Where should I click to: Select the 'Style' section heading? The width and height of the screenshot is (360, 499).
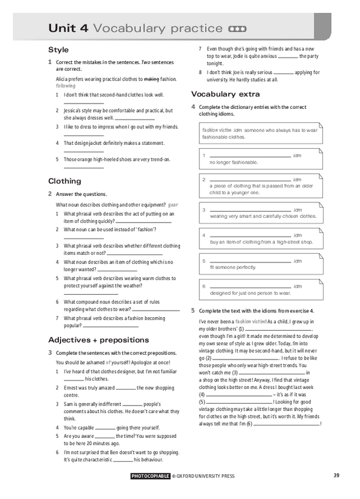pyautogui.click(x=58, y=49)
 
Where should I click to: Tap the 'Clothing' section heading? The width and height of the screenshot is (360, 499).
pyautogui.click(x=64, y=181)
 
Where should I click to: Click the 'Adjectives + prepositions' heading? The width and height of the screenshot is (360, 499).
pyautogui.click(x=98, y=340)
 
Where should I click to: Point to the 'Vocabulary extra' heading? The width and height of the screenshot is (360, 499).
pyautogui.click(x=225, y=94)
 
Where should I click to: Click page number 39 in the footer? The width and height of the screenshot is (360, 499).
pyautogui.click(x=336, y=475)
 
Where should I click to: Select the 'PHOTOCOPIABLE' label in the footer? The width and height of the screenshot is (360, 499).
pyautogui.click(x=151, y=476)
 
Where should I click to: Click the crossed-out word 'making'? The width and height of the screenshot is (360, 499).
pyautogui.click(x=152, y=78)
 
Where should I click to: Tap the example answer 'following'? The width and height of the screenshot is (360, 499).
pyautogui.click(x=66, y=85)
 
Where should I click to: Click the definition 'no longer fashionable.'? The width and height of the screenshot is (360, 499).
pyautogui.click(x=234, y=162)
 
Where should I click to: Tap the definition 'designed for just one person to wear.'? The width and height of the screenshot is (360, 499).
pyautogui.click(x=250, y=292)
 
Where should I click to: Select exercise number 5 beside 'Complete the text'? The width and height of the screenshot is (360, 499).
pyautogui.click(x=193, y=310)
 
